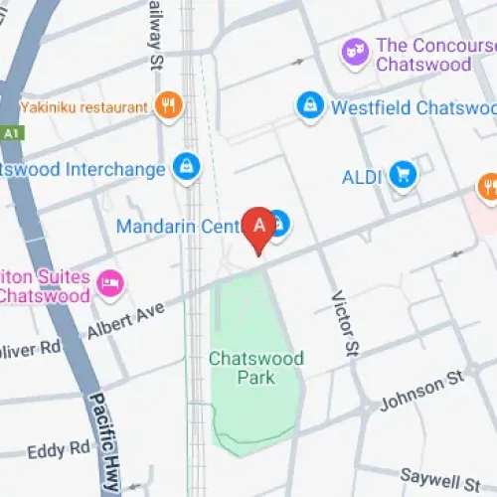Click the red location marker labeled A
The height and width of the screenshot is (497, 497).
(259, 228)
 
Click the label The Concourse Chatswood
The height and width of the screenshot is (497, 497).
(435, 55)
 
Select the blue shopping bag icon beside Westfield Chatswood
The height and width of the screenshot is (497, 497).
(311, 105)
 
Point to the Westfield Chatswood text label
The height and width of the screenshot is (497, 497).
(414, 106)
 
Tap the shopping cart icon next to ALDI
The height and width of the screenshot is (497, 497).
(403, 175)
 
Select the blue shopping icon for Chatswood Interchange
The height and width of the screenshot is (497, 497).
(185, 168)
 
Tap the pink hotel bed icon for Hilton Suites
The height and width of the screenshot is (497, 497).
(109, 285)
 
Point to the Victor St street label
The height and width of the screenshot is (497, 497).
(345, 323)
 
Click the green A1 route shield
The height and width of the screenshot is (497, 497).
(12, 132)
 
